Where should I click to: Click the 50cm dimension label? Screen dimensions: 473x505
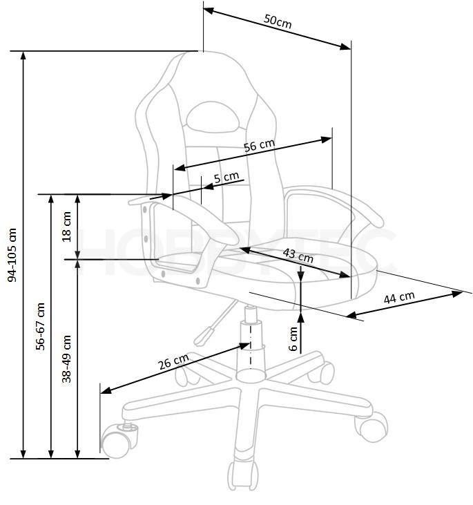click(278, 21)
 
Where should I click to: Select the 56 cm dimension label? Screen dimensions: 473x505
click(259, 145)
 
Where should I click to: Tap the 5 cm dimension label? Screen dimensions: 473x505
click(226, 177)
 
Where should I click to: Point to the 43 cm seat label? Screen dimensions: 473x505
click(298, 256)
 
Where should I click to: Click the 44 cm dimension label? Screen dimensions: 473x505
click(399, 297)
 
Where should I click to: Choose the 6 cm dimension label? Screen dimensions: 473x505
click(293, 339)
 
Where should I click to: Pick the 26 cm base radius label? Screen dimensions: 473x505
click(173, 362)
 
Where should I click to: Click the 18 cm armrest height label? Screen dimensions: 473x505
click(66, 227)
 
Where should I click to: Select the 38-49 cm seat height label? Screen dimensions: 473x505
click(66, 359)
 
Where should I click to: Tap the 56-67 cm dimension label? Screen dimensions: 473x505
click(40, 326)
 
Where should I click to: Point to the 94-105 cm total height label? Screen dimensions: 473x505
click(12, 255)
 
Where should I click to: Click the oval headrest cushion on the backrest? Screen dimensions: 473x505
click(213, 117)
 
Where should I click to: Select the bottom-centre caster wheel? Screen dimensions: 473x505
click(243, 476)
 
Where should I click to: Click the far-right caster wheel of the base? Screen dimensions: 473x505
click(372, 426)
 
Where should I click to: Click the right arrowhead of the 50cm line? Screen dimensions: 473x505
click(346, 47)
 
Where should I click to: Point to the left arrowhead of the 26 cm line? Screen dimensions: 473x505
click(106, 390)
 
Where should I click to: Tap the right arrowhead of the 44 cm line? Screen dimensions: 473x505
click(457, 294)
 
